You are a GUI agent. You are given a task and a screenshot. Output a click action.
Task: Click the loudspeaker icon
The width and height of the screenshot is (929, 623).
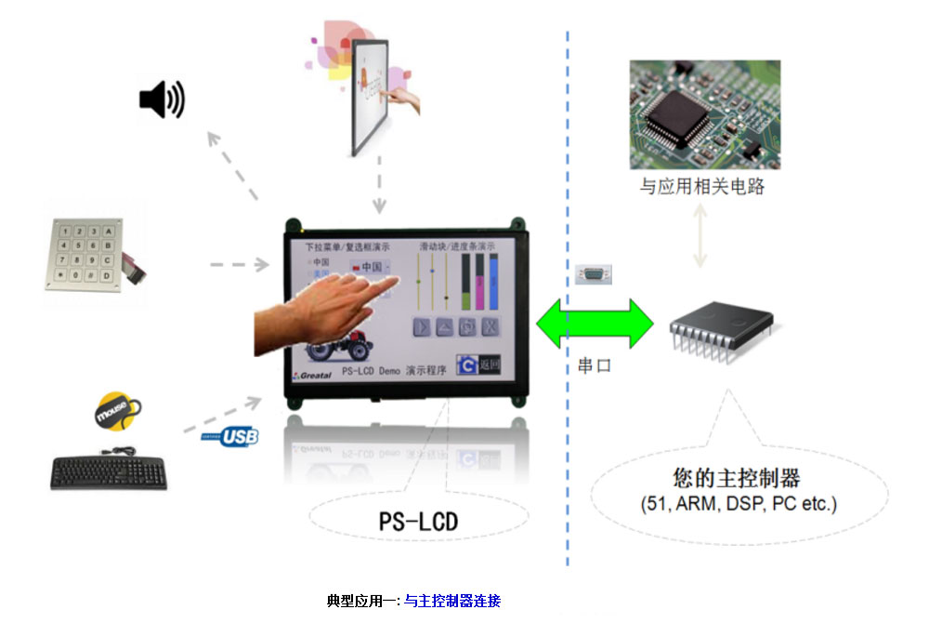[x=161, y=99]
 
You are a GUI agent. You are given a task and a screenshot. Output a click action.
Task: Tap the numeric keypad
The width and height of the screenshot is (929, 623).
[x=84, y=254]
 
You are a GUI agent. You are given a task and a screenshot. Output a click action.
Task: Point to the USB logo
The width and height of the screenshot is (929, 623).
[x=230, y=436]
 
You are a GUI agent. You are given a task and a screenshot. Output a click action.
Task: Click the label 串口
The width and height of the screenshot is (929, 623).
[x=595, y=366]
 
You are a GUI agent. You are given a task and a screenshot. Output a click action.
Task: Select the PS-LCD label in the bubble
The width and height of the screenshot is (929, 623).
[x=418, y=521]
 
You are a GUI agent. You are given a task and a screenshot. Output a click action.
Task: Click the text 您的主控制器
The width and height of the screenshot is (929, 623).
[x=737, y=478]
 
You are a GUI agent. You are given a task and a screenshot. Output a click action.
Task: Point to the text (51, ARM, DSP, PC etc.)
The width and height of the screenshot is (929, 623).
[x=739, y=504]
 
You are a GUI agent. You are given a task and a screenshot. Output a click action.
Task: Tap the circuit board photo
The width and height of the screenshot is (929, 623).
[x=704, y=114]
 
